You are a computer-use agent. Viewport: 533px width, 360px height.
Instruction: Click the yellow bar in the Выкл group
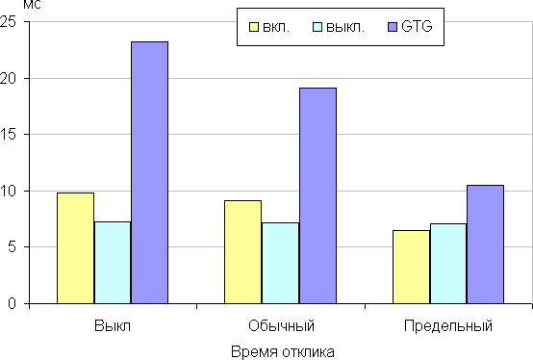point(75,248)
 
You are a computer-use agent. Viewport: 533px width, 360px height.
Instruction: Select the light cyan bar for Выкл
point(113,263)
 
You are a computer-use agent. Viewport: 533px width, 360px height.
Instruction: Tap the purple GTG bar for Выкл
point(149,172)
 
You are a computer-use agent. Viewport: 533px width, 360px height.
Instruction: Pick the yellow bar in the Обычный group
point(242,252)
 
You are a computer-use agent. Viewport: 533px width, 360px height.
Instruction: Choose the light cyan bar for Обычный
point(280,263)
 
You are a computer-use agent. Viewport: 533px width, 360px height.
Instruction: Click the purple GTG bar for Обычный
point(317,195)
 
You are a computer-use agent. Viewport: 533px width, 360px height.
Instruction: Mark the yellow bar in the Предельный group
point(412,267)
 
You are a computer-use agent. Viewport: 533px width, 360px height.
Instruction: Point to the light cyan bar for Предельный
point(448,264)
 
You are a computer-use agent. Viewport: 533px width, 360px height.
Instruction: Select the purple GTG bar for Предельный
point(485,244)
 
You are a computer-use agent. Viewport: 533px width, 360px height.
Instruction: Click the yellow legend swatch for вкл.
point(254,27)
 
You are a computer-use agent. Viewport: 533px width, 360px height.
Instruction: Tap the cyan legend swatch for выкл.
point(317,27)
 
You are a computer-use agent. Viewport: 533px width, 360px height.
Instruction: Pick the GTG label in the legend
point(417,26)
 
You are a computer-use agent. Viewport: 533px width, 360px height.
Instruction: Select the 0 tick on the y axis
point(12,303)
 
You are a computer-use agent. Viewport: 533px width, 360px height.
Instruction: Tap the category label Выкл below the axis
point(113,325)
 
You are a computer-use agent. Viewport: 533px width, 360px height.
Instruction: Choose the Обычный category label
point(282,325)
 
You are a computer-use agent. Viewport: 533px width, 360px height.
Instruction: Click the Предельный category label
point(448,326)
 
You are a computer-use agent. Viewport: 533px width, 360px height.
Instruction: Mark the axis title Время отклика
point(283,352)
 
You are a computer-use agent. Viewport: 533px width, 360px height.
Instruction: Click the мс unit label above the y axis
point(32,5)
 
